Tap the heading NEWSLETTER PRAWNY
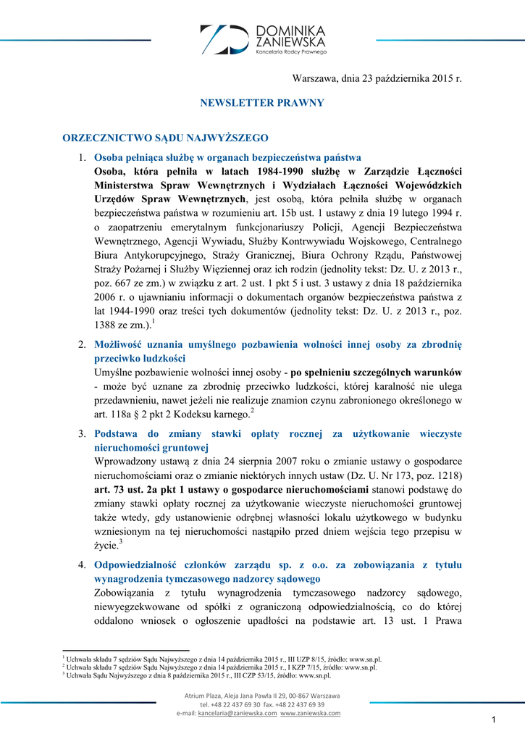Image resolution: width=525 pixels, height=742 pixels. [x=262, y=103]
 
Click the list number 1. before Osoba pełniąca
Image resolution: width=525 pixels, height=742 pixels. [x=83, y=158]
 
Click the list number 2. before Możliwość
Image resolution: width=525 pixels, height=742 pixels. [x=83, y=344]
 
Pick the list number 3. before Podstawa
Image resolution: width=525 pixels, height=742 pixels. [x=83, y=434]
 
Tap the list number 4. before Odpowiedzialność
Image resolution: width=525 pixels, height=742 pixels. [x=83, y=564]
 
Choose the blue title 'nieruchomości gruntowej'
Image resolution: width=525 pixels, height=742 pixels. [x=151, y=448]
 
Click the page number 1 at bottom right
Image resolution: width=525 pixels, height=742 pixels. [x=492, y=719]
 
